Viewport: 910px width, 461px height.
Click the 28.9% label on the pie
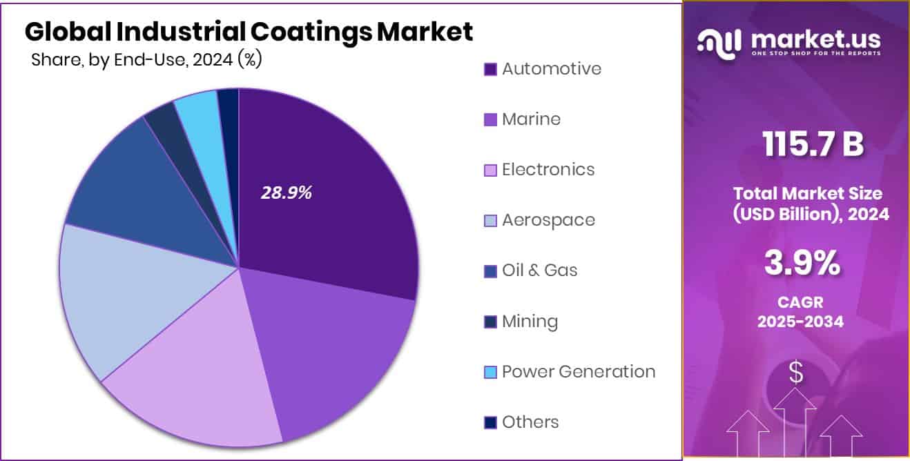click(x=286, y=193)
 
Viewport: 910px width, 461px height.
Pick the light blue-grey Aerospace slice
click(x=110, y=290)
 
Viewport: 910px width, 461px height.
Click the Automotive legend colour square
click(x=490, y=70)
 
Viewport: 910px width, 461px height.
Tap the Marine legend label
click(x=531, y=119)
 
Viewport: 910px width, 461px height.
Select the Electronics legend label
click(x=548, y=170)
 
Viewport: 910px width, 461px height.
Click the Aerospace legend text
click(x=548, y=220)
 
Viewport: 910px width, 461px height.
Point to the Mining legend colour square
click(x=490, y=322)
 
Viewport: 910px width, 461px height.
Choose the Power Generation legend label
click(x=578, y=372)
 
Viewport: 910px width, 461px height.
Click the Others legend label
click(x=530, y=422)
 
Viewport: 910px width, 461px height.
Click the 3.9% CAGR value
click(x=802, y=264)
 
